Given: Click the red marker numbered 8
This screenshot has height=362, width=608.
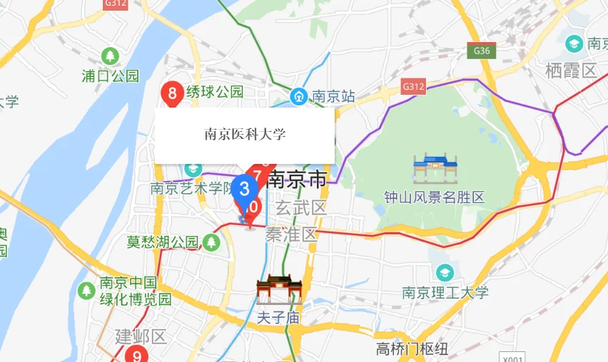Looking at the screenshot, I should point(171,93).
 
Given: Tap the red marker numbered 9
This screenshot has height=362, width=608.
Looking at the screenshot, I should point(136,354).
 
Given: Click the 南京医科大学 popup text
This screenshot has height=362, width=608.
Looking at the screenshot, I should point(245,134).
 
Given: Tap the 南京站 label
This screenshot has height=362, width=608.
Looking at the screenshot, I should point(334,95).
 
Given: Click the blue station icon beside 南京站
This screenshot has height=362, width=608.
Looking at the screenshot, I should point(298,95).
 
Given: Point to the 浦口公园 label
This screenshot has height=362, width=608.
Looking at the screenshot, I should point(111,76).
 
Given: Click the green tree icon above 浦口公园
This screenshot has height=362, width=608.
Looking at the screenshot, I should point(110,56).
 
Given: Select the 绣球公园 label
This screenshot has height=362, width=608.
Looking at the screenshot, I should point(214,92).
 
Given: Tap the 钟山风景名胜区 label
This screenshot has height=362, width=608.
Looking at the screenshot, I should point(434,197).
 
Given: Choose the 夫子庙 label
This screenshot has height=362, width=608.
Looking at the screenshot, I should point(279,318).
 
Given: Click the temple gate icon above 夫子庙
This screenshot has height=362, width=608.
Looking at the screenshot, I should point(279,290).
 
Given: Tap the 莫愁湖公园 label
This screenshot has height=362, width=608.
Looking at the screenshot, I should point(163,242).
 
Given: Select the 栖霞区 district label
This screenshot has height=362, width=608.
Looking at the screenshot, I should point(570,71).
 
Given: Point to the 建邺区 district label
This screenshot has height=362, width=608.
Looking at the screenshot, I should point(141,336).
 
